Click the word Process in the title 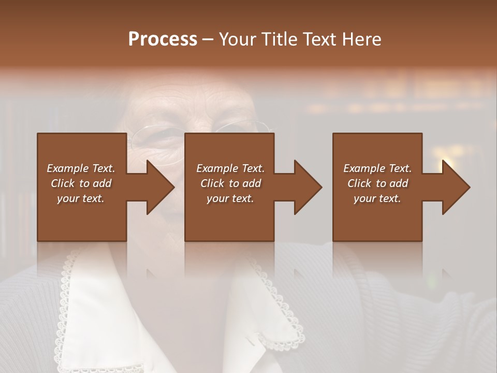tap(163, 39)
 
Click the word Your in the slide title tap(237, 39)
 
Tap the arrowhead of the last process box tap(455, 187)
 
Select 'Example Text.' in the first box tap(81, 168)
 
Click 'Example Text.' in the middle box tap(230, 168)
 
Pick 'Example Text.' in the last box tap(377, 168)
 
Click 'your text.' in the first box tap(81, 198)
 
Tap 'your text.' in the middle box tap(230, 198)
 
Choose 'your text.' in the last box tap(377, 198)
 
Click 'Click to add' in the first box tap(81, 183)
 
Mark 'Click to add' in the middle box tap(230, 183)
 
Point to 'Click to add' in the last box tap(377, 183)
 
